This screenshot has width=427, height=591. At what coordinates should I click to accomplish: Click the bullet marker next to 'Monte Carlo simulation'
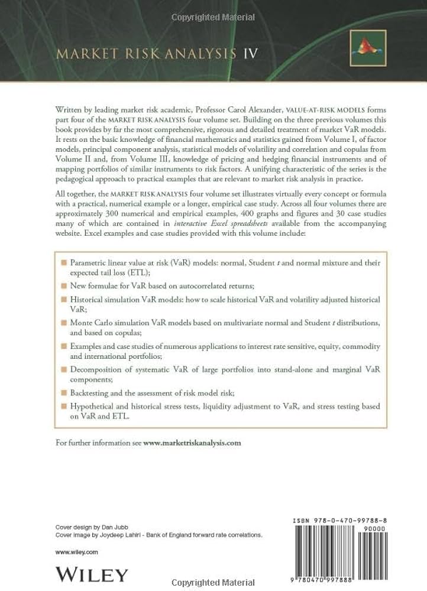pyautogui.click(x=64, y=324)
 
